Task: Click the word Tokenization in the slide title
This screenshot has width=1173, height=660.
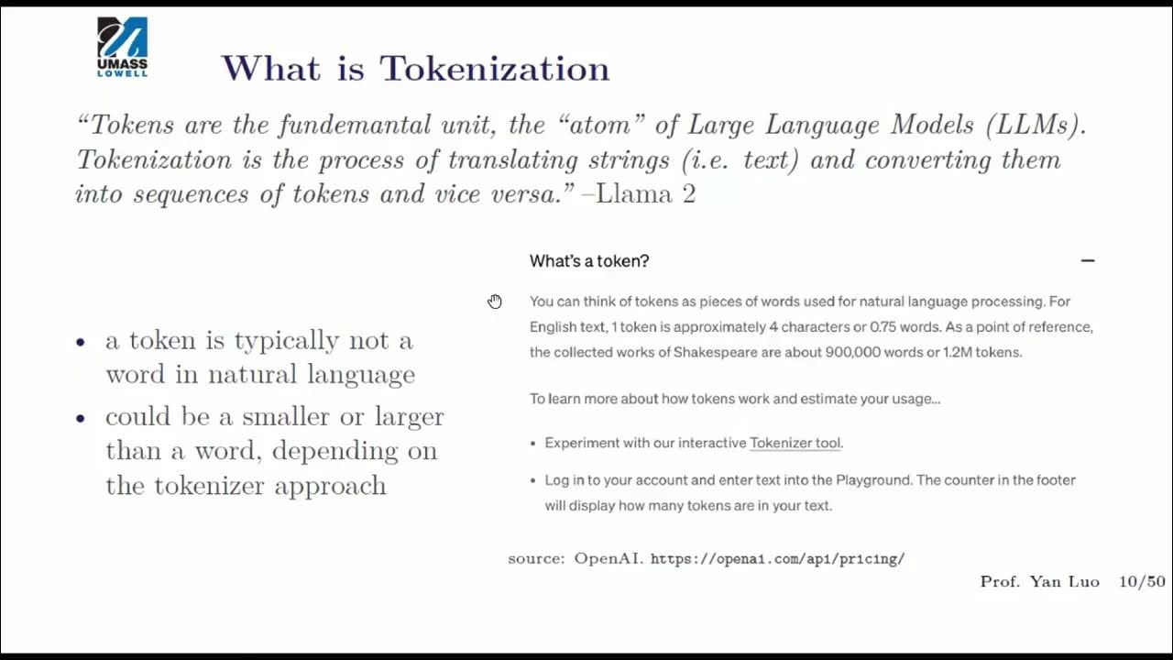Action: pyautogui.click(x=495, y=69)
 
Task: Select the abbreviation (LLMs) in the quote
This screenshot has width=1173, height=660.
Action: pyautogui.click(x=1036, y=125)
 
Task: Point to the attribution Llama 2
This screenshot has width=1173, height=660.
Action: pyautogui.click(x=646, y=194)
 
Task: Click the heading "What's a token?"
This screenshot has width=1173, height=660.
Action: pyautogui.click(x=589, y=261)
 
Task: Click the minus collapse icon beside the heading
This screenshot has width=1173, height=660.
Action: pyautogui.click(x=1088, y=261)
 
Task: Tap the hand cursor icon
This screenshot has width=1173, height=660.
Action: pyautogui.click(x=495, y=302)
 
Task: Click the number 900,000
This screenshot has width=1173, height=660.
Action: pyautogui.click(x=856, y=352)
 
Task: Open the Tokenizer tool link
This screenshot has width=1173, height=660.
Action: pyautogui.click(x=795, y=443)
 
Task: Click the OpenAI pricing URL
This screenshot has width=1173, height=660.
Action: pyautogui.click(x=777, y=558)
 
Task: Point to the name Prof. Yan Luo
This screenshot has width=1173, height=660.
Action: pyautogui.click(x=1039, y=582)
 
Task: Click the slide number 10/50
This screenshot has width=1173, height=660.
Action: pyautogui.click(x=1142, y=582)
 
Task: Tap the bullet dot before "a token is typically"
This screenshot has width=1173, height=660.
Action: pyautogui.click(x=81, y=342)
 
